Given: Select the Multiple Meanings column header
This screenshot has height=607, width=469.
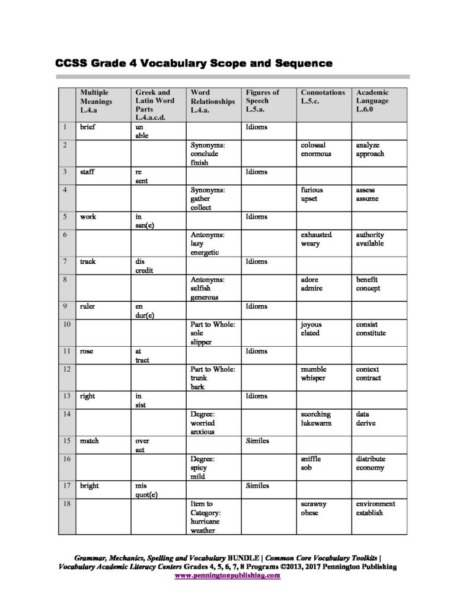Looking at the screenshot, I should click(x=95, y=101).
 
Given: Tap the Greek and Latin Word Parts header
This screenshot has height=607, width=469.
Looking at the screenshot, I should click(x=152, y=105).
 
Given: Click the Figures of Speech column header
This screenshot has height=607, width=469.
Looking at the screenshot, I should click(x=263, y=101).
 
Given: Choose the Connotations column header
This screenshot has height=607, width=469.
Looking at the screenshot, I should click(x=323, y=97).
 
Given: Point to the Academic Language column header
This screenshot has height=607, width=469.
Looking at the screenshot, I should click(x=372, y=101).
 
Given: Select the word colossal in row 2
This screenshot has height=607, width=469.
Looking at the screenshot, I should click(x=314, y=145).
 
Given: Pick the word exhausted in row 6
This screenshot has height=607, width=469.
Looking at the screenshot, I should click(x=316, y=235).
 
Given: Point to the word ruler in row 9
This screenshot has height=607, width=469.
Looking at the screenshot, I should click(x=88, y=306).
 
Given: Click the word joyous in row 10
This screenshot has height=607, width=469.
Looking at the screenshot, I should click(x=311, y=324).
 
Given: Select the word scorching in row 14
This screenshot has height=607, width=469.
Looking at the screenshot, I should click(x=316, y=414).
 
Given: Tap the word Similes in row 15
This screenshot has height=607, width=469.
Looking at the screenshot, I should click(x=257, y=441).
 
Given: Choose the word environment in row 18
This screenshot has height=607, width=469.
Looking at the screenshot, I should click(x=375, y=504).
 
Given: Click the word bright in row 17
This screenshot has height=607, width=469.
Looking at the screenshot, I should click(x=90, y=486).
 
